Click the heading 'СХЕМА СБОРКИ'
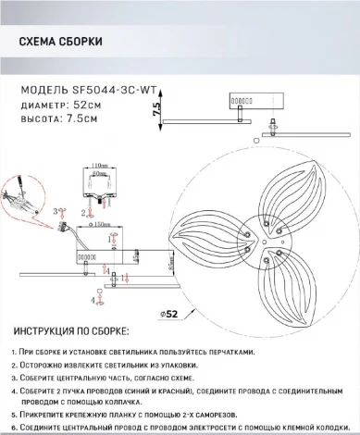tap(61, 43)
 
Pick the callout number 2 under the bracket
tap(84, 213)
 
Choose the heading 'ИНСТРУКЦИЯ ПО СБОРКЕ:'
tap(71, 330)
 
